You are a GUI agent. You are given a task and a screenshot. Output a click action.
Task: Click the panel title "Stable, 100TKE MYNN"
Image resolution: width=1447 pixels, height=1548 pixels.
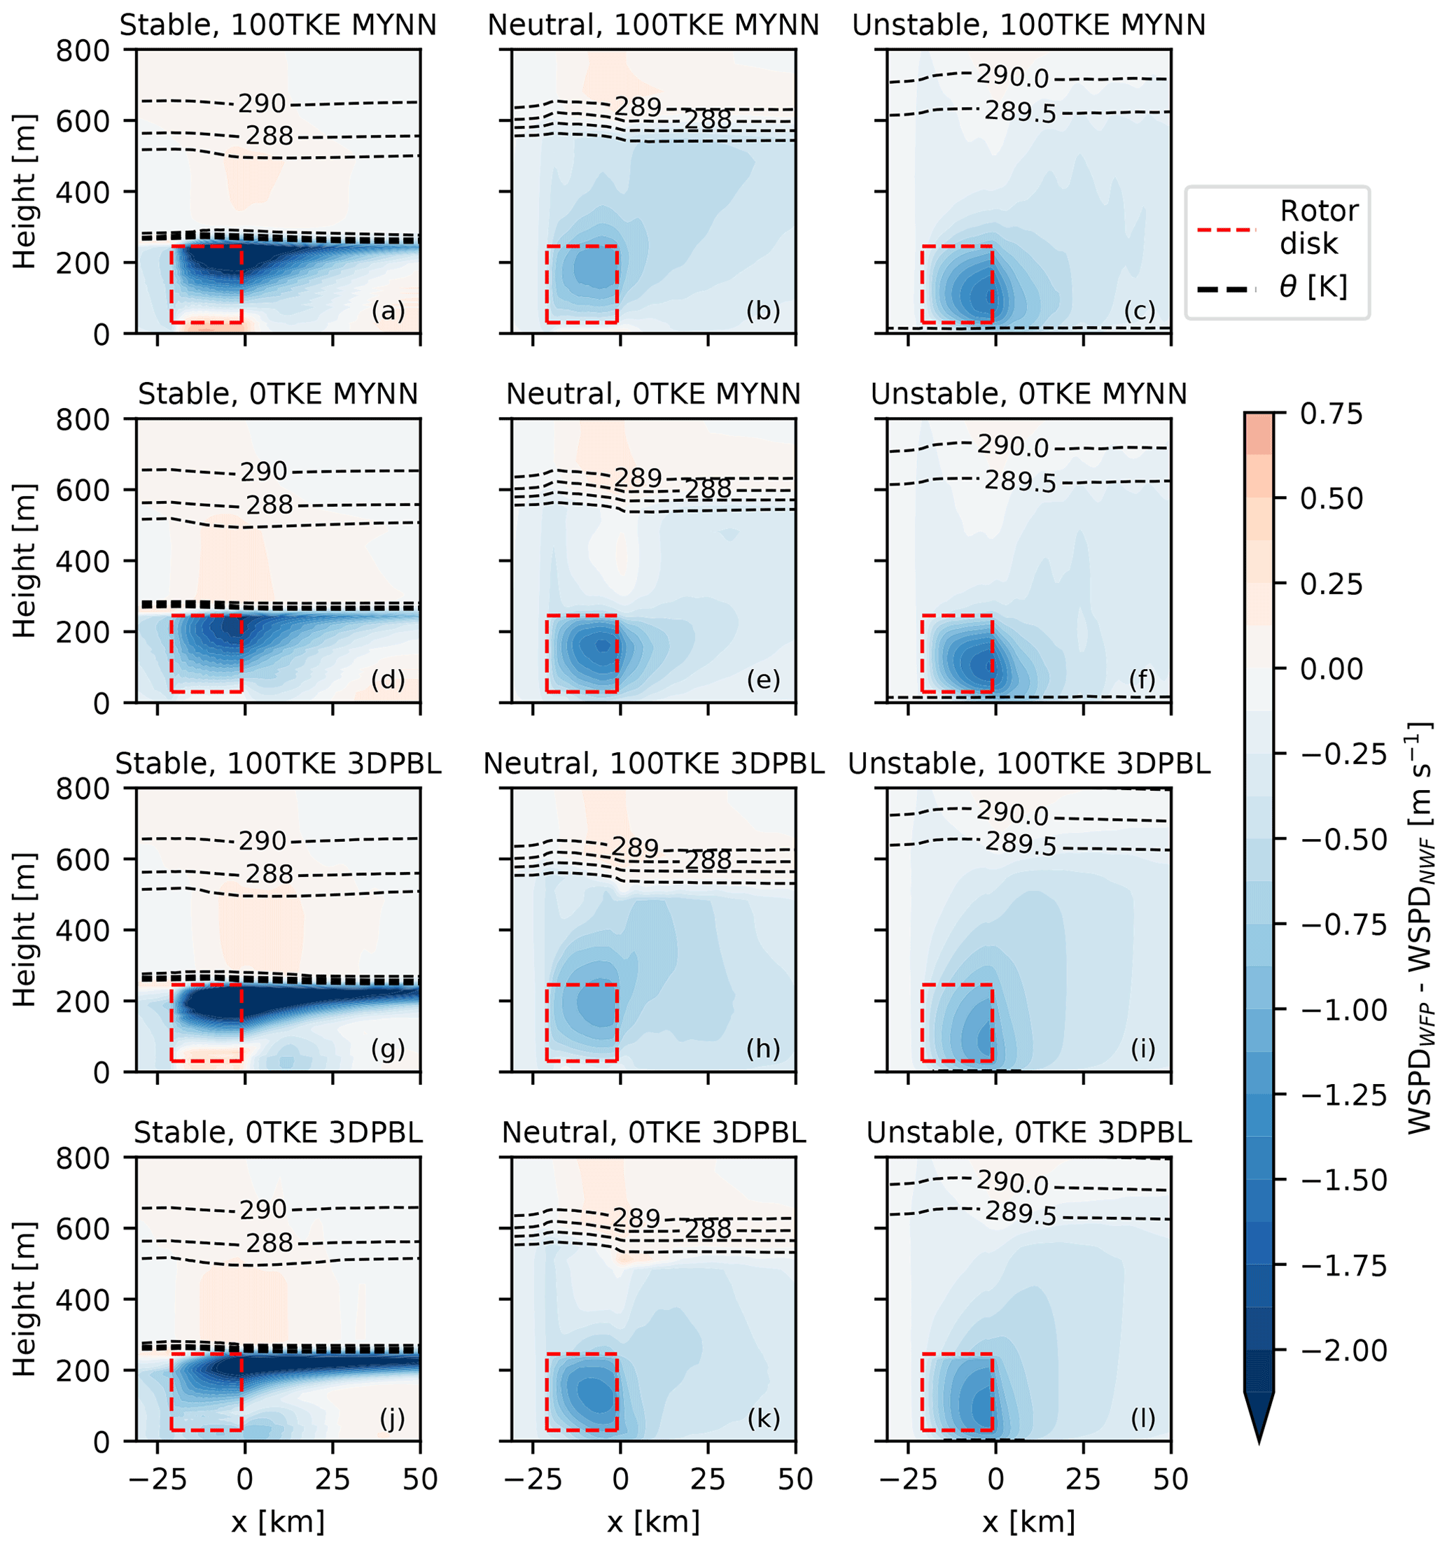(x=278, y=26)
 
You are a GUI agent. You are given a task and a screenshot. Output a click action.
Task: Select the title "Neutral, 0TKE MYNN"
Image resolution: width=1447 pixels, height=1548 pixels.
(x=653, y=395)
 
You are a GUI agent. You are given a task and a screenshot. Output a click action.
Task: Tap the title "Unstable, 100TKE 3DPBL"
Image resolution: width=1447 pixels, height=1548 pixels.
(x=1029, y=764)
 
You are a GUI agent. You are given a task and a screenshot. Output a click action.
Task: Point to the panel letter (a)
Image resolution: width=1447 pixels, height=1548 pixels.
(x=388, y=311)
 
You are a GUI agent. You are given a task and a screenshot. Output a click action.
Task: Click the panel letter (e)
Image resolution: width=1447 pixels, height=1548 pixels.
(x=763, y=680)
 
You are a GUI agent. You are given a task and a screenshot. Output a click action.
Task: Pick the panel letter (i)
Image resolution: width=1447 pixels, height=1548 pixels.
(x=1142, y=1050)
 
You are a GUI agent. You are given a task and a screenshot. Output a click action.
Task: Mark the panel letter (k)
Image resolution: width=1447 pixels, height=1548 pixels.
(x=763, y=1419)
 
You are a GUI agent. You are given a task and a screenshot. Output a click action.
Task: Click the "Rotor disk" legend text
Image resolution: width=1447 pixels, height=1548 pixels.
(x=1320, y=227)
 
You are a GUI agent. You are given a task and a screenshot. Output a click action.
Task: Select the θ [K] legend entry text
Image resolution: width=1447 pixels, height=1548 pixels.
(x=1313, y=288)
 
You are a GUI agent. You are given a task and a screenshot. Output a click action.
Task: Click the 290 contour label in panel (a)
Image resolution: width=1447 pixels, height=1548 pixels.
(x=263, y=104)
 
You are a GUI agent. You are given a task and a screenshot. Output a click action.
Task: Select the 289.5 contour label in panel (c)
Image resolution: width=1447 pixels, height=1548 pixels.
(x=1020, y=112)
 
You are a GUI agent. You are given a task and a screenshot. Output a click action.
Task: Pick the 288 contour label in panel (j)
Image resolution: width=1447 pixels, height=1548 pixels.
(x=270, y=1244)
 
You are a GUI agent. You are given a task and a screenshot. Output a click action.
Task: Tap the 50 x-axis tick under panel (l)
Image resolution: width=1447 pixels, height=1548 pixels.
(x=1170, y=1479)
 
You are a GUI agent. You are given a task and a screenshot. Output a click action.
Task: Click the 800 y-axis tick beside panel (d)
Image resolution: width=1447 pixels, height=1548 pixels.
(x=83, y=420)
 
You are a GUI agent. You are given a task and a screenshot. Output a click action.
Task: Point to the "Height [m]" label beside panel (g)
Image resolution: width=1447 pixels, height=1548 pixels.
(x=25, y=930)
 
